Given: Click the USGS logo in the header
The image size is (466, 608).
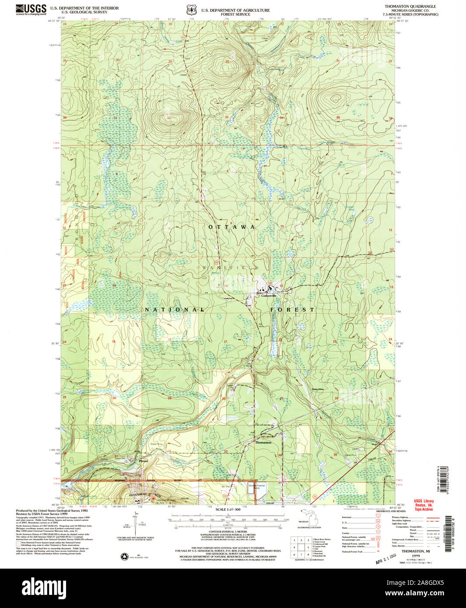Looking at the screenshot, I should (x=31, y=9).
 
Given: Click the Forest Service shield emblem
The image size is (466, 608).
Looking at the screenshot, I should (x=190, y=9).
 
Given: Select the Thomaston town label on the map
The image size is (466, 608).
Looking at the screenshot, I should (x=263, y=443).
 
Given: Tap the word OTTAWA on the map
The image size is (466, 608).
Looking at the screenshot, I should (x=232, y=227).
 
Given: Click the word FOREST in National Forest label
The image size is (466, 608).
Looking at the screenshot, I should (x=292, y=310).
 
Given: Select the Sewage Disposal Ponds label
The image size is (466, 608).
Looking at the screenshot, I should (x=257, y=486).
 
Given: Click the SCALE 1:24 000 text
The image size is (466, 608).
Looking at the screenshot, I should (x=228, y=510).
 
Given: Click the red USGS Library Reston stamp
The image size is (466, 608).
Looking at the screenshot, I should (x=424, y=505).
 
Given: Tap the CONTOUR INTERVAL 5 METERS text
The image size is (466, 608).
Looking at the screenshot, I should (x=228, y=539).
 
